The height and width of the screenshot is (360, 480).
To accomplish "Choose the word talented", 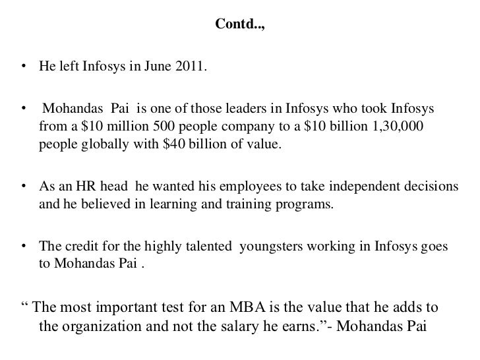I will click(x=208, y=247).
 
